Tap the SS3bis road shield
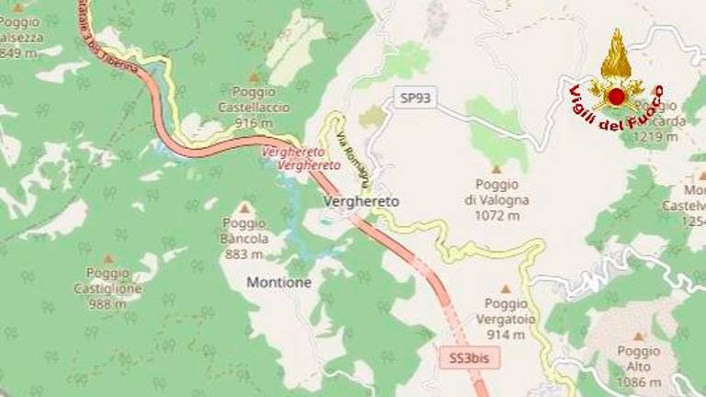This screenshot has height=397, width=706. [x=470, y=358]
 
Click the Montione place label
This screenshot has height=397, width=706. [x=279, y=283]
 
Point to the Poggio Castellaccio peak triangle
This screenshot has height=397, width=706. [x=254, y=78]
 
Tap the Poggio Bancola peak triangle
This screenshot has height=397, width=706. [x=245, y=209]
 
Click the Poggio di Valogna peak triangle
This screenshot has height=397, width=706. [x=497, y=169]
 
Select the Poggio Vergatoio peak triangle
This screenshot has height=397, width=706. [x=505, y=289]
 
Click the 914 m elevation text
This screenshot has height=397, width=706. [x=505, y=334]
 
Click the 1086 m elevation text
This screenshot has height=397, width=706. [x=639, y=381]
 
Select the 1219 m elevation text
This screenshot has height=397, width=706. [x=656, y=137]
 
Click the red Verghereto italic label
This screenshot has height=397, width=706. [x=302, y=158]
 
